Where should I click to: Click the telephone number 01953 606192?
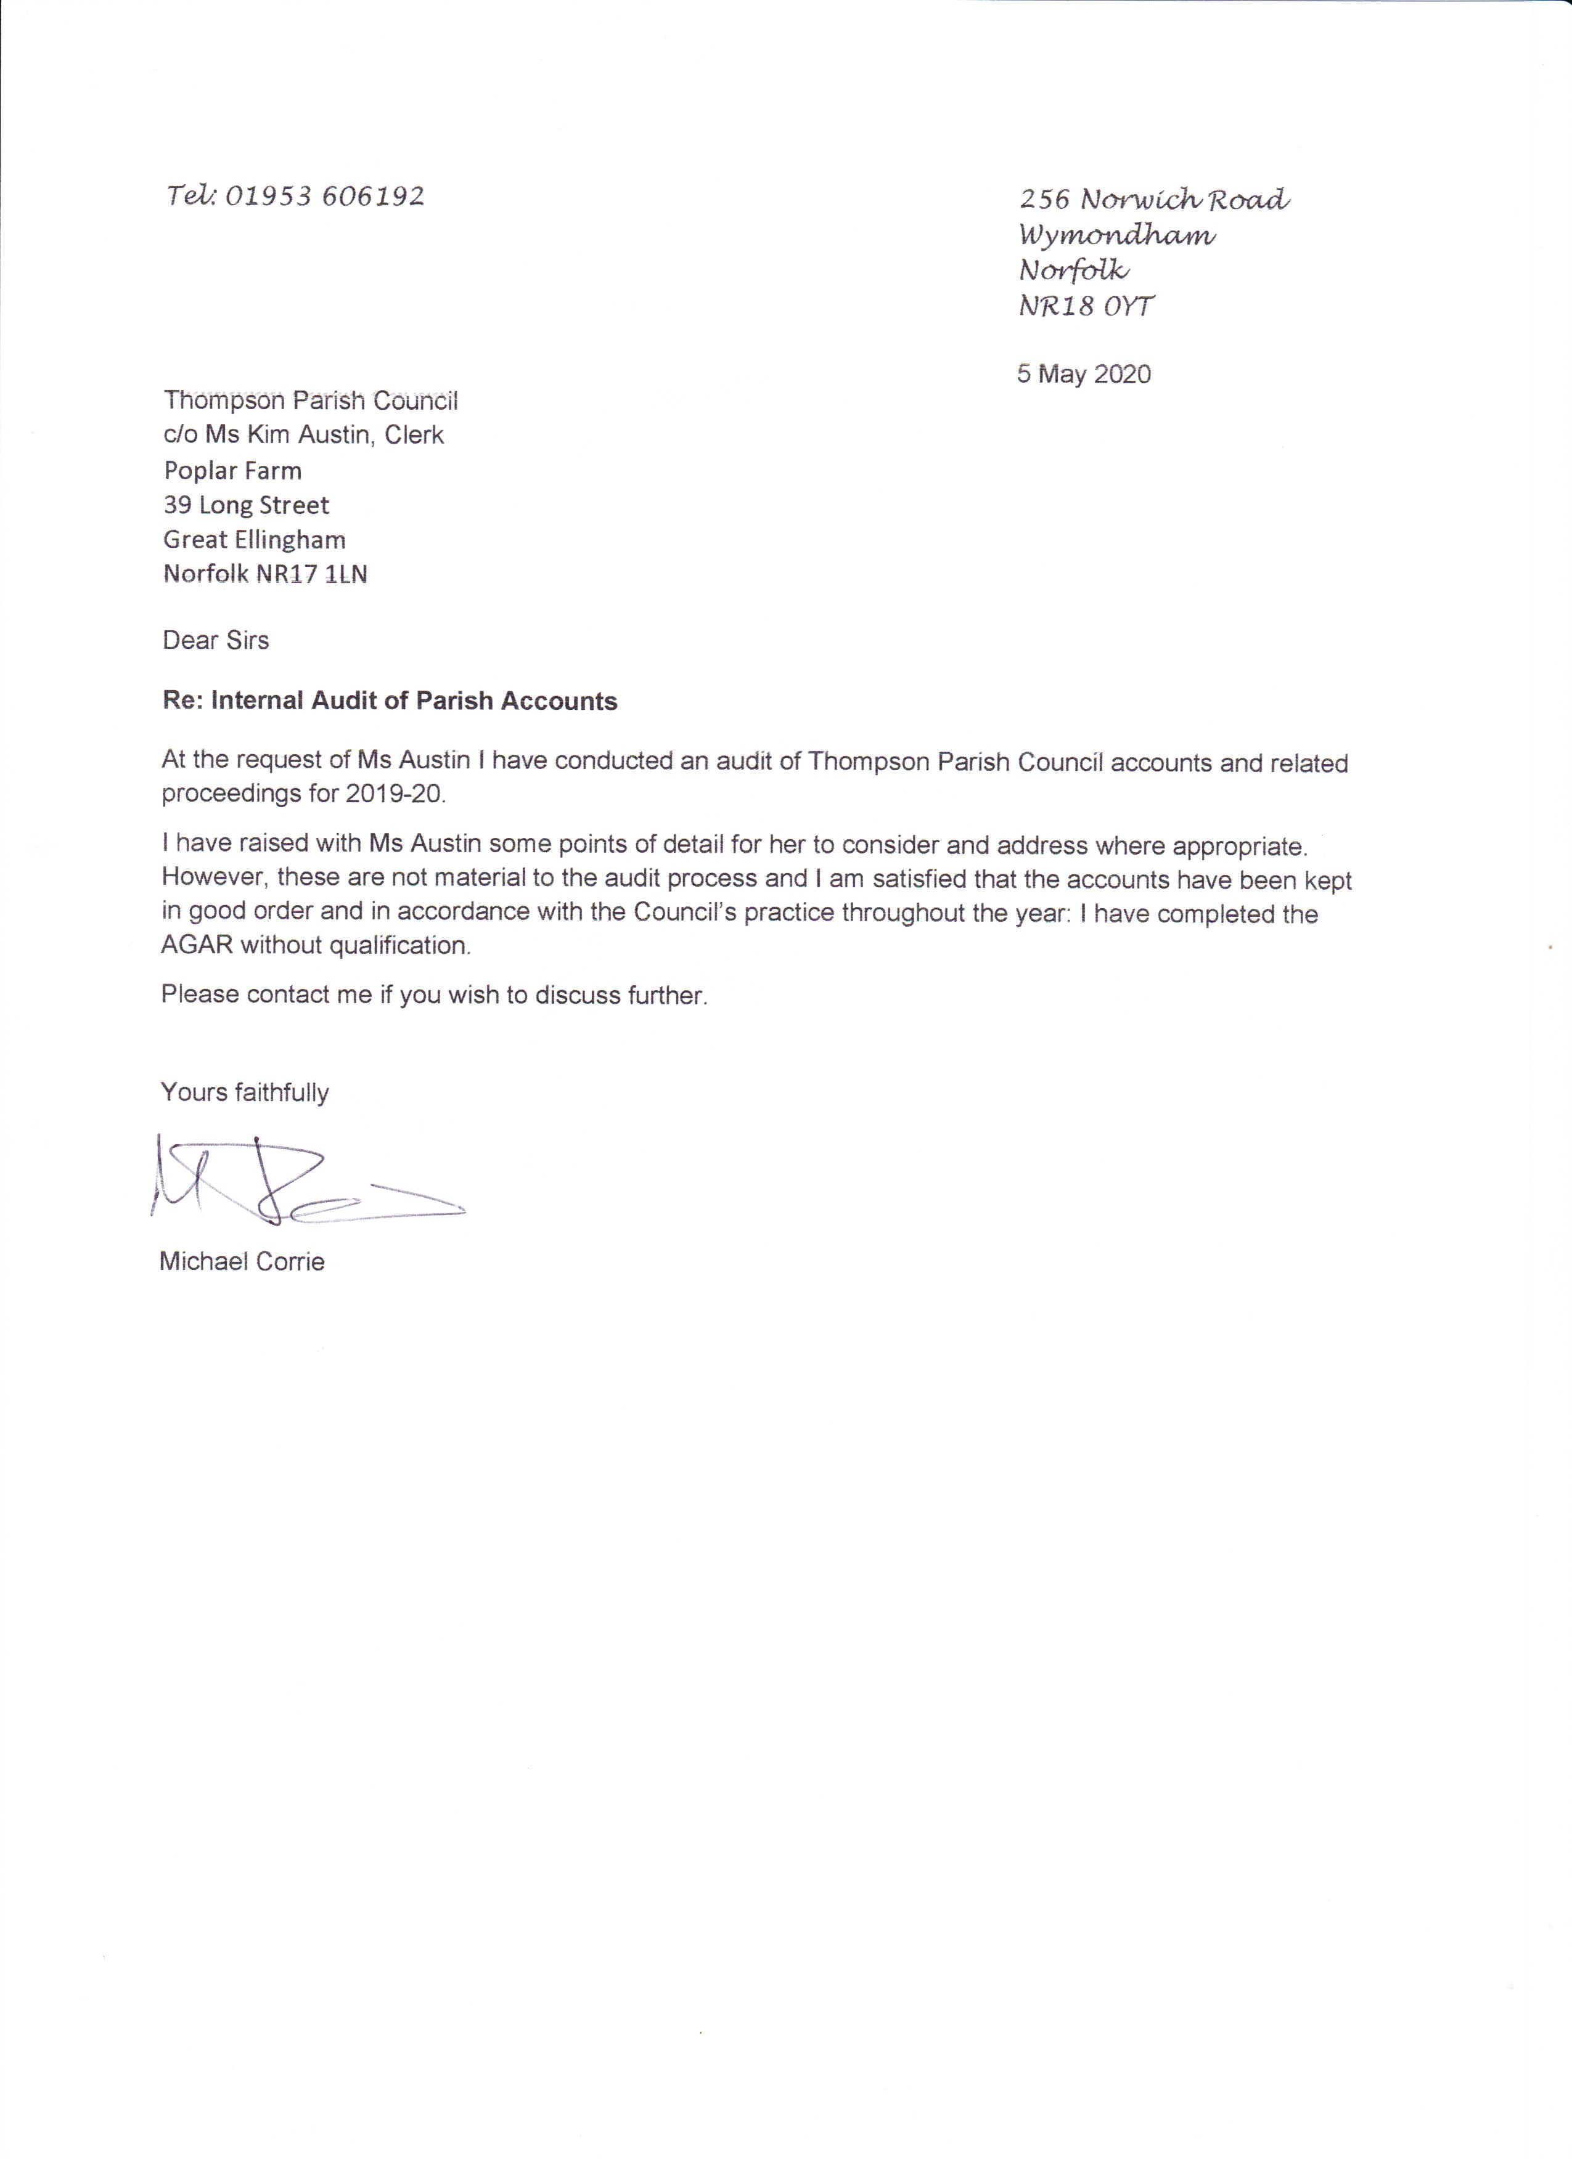coord(324,197)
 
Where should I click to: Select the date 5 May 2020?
coord(1084,374)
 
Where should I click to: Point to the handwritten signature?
coord(305,1181)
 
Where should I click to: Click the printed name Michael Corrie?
coord(243,1262)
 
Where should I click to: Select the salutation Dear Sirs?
coord(216,641)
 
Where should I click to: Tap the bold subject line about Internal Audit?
coord(390,702)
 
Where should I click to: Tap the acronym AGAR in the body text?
coord(197,946)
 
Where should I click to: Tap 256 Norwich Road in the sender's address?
coord(1154,200)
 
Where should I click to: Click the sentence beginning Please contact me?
coord(434,996)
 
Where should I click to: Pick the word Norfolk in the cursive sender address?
coord(1073,271)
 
